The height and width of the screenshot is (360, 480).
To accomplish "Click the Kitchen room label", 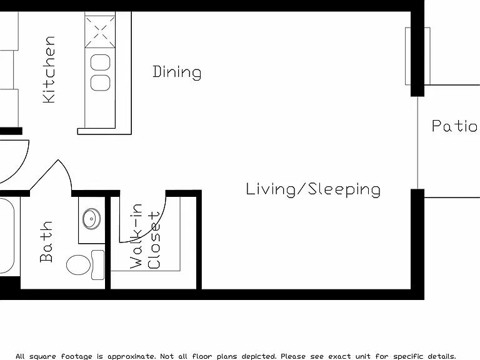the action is (x=49, y=69).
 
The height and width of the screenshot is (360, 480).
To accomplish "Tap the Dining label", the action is (x=177, y=72).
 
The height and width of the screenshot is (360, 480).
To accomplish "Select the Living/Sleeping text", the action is (x=313, y=189).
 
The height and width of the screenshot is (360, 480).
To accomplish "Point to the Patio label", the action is (x=454, y=126).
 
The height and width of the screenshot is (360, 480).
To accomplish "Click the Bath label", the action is (x=46, y=241).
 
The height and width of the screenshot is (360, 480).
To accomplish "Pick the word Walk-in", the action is (x=136, y=236).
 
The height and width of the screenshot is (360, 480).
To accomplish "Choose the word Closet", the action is (x=154, y=240).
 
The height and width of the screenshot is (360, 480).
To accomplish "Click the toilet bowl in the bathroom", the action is (x=79, y=265).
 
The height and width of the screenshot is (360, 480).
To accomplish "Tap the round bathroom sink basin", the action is (x=91, y=219).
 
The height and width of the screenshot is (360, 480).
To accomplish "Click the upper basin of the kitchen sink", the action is (x=101, y=62).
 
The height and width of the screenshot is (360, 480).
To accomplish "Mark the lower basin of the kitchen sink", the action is (x=101, y=82).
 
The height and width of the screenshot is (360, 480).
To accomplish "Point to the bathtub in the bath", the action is (x=7, y=235).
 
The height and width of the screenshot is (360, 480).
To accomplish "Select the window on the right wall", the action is (x=417, y=56).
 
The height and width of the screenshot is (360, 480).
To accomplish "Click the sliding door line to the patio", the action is (x=418, y=142).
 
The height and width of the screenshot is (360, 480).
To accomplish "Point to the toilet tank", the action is (x=98, y=265).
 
